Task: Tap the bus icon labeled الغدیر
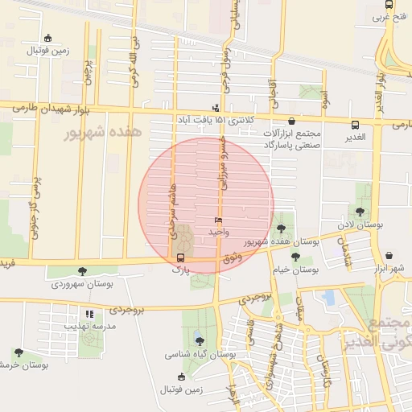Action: (x=355, y=125)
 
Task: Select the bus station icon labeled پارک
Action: (x=180, y=258)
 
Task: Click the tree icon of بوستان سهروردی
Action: (x=81, y=271)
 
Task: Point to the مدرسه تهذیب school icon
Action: (x=90, y=314)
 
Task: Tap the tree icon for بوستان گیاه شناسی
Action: (x=199, y=340)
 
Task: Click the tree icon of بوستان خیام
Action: (x=296, y=257)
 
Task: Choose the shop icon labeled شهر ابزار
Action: (x=389, y=255)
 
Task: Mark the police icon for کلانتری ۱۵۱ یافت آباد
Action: (x=215, y=108)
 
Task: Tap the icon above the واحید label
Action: (x=218, y=220)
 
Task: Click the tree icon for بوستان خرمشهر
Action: (x=19, y=352)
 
